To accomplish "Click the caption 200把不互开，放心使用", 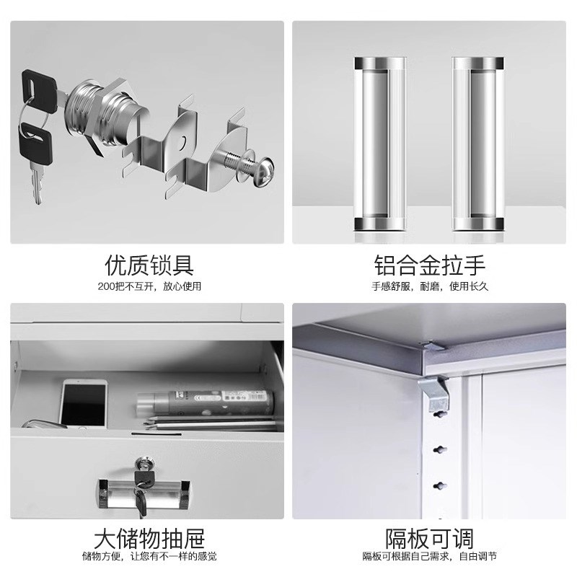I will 149,286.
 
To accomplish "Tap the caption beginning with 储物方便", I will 149,557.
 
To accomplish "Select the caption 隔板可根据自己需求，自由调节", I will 429,557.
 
